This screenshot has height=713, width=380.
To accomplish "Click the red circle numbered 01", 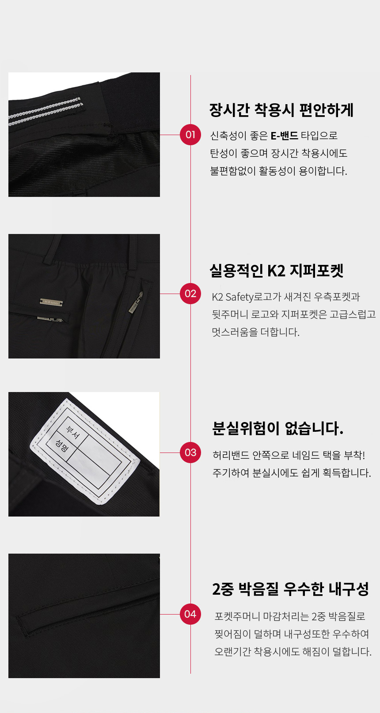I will (190, 135).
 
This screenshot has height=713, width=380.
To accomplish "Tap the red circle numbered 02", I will (190, 294).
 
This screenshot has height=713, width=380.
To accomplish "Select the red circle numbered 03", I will (190, 453).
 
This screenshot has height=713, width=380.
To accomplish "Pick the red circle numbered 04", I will (190, 614).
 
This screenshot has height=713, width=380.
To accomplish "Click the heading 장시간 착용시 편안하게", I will (281, 110).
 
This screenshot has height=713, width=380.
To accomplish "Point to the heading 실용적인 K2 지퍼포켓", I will (277, 270).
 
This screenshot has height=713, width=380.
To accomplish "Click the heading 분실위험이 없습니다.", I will (278, 428).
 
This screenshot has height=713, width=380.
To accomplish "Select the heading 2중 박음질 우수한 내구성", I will (290, 589).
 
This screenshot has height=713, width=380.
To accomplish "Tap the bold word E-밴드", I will (284, 136).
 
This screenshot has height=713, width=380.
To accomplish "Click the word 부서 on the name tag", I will (72, 432).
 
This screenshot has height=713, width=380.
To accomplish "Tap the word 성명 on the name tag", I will (61, 446).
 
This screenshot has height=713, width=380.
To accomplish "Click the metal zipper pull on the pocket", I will (135, 303).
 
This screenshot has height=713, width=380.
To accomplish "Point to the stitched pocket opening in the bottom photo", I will (88, 614).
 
